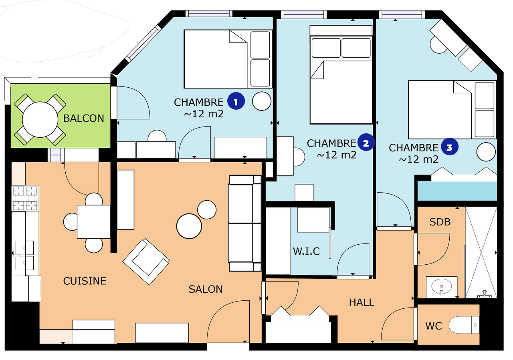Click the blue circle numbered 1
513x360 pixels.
[236, 101]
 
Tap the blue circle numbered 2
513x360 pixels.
[366, 142]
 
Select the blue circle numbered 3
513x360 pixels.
[450, 147]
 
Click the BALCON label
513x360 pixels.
[84, 118]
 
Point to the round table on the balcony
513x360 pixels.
[40, 119]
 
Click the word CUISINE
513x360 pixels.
[85, 281]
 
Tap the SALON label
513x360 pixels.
[206, 289]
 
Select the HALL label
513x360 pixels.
[362, 303]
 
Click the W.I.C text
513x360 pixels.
[306, 251]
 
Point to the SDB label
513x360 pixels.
[440, 222]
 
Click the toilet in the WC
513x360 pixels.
[464, 325]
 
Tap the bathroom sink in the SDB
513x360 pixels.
[442, 287]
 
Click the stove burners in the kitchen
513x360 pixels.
[25, 198]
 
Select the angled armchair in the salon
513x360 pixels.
[146, 261]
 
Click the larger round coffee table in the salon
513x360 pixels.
[189, 226]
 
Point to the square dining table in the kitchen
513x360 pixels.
[94, 222]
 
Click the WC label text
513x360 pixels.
[434, 326]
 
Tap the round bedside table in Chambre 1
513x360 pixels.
[262, 101]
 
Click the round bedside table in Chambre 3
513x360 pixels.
[486, 152]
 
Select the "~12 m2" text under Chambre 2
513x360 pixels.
[337, 155]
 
